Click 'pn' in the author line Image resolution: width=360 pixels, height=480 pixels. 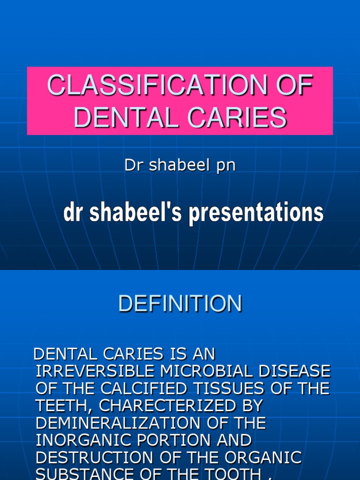point(225,166)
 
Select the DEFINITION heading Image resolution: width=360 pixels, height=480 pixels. point(180,304)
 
